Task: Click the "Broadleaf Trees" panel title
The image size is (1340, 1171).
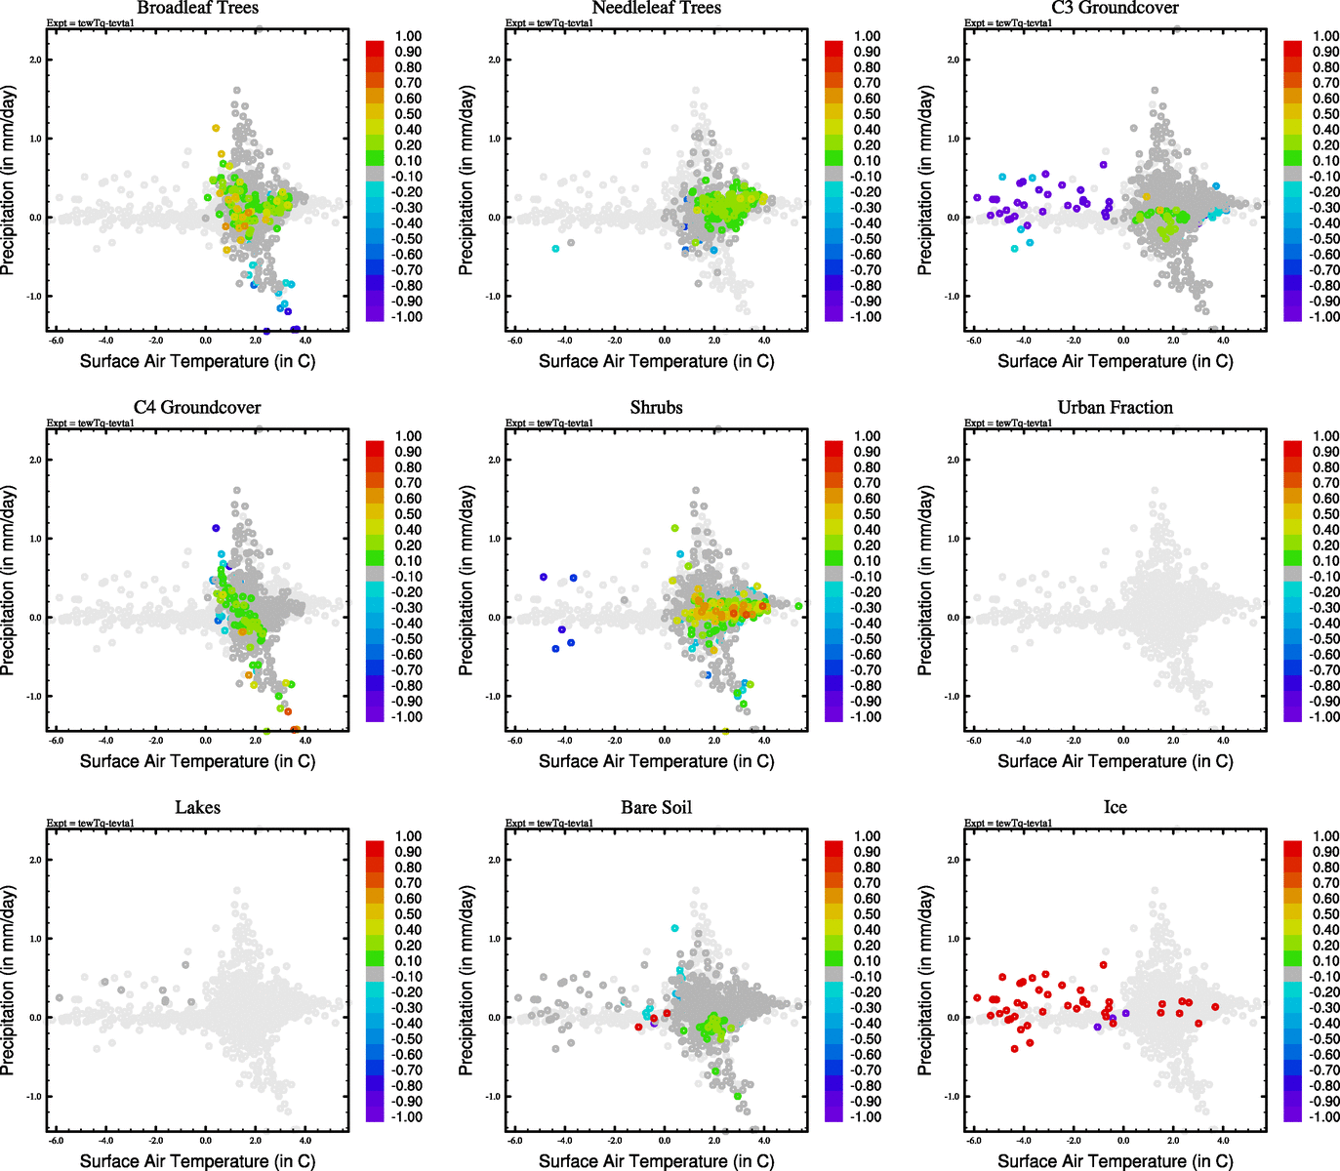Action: pyautogui.click(x=197, y=8)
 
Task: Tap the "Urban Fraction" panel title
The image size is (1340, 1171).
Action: pyautogui.click(x=1115, y=408)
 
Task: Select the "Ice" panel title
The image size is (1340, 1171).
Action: pyautogui.click(x=1115, y=808)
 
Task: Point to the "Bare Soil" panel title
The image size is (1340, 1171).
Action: pyautogui.click(x=656, y=808)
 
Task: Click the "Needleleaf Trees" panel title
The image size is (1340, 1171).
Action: pyautogui.click(x=656, y=8)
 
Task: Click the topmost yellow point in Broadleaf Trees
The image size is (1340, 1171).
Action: pyautogui.click(x=217, y=128)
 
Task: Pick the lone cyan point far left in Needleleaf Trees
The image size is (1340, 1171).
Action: pyautogui.click(x=555, y=249)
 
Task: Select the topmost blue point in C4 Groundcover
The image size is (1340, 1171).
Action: pyautogui.click(x=216, y=528)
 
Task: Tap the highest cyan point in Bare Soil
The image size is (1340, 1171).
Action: pyautogui.click(x=674, y=928)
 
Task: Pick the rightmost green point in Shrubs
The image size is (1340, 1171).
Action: pyautogui.click(x=798, y=606)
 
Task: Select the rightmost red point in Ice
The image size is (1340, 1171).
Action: pyautogui.click(x=1215, y=1007)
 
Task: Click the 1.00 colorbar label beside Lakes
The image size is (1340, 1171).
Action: pyautogui.click(x=408, y=836)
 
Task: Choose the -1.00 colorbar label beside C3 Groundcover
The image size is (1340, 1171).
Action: pyautogui.click(x=1325, y=317)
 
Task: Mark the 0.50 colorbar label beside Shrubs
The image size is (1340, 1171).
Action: pyautogui.click(x=867, y=514)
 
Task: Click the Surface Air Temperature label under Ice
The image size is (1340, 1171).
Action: pyautogui.click(x=1115, y=1161)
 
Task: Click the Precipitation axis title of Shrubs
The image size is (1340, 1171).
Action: pyautogui.click(x=467, y=581)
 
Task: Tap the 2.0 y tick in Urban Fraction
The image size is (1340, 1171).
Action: pyautogui.click(x=953, y=460)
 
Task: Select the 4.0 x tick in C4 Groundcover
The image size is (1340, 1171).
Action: pyautogui.click(x=305, y=740)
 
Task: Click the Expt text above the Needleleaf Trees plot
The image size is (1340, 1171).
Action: pyautogui.click(x=549, y=22)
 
